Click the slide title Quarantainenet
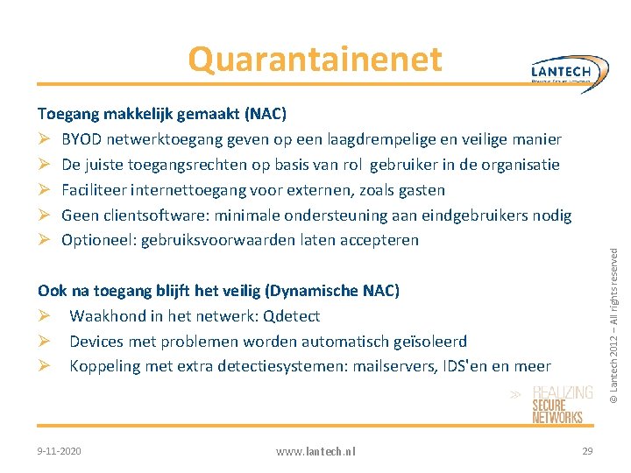[x=315, y=60]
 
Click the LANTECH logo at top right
[x=571, y=71]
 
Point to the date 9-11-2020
[x=60, y=450]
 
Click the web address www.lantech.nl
[x=315, y=451]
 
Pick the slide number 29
[x=586, y=450]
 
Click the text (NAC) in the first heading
[x=266, y=114]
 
